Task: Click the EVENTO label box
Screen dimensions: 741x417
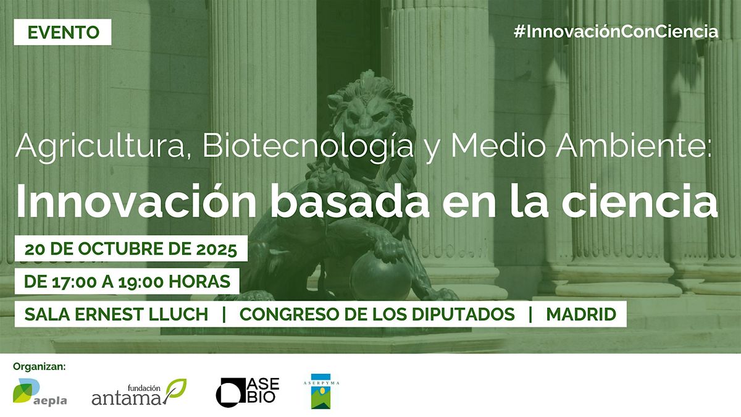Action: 62,32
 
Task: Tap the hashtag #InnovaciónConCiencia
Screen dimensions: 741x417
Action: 616,32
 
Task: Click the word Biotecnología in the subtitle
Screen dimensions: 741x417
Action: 308,146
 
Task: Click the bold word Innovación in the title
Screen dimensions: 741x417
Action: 136,201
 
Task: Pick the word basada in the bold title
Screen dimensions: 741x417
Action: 350,201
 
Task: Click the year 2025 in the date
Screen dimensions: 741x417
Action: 217,249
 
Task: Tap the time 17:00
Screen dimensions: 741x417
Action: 75,282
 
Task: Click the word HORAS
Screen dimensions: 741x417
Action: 199,282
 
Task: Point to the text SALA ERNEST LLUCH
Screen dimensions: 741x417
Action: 116,314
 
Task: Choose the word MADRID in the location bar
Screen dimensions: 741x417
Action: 581,314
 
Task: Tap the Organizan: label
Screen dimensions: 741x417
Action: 40,366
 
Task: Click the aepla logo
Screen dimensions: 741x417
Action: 40,392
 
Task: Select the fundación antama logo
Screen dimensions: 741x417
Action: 139,392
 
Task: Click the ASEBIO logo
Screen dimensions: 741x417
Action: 248,392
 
